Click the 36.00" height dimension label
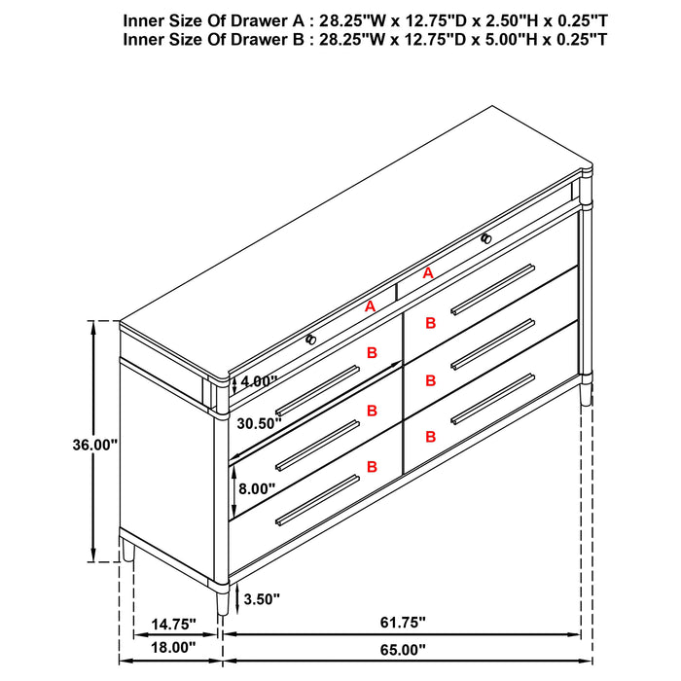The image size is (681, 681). click(x=94, y=445)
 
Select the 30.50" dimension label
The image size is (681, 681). click(x=258, y=423)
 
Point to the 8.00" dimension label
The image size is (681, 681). click(x=256, y=488)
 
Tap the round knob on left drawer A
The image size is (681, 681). click(x=310, y=339)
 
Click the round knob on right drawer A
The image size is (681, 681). click(x=485, y=237)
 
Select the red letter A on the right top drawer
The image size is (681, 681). click(x=427, y=274)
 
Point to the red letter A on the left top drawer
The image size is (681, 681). click(x=369, y=306)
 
